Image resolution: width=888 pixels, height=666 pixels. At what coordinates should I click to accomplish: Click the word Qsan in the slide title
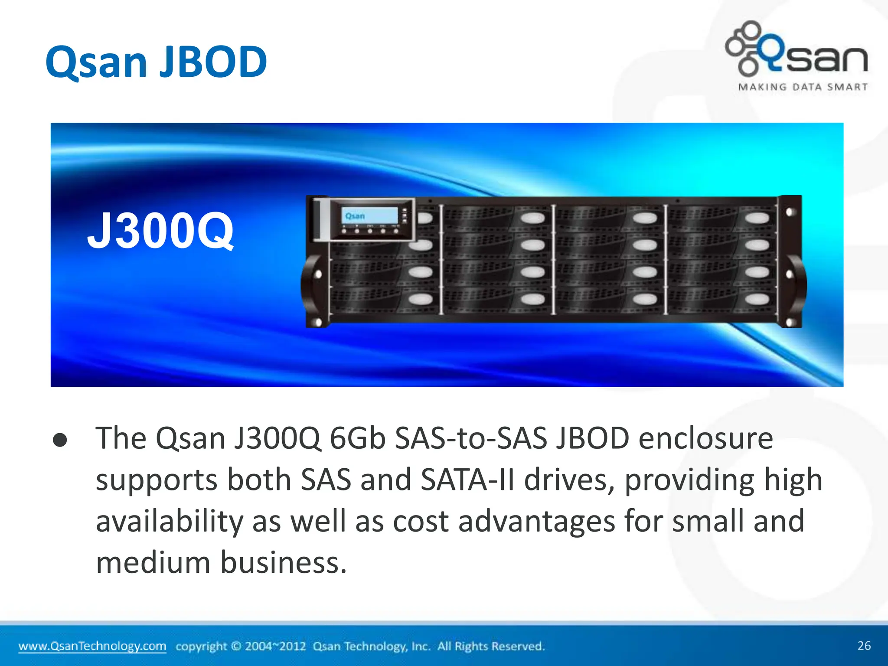[x=97, y=63]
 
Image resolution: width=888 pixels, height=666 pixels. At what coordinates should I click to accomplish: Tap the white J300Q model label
[x=160, y=231]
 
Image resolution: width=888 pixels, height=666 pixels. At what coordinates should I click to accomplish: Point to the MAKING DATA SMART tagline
[x=803, y=87]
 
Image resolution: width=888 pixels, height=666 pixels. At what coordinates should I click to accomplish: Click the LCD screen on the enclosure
[x=369, y=215]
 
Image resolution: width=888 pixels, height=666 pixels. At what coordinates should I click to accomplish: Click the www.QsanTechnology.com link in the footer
[x=92, y=646]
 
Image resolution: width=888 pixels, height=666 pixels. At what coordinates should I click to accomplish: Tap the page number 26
[x=864, y=646]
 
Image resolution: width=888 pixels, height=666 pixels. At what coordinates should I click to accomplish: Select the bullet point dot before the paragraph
[x=60, y=440]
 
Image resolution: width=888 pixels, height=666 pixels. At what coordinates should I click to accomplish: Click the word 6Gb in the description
[x=357, y=438]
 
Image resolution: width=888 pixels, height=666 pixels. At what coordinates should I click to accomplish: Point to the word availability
[x=170, y=522]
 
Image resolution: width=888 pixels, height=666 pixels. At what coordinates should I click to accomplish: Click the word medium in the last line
[x=153, y=563]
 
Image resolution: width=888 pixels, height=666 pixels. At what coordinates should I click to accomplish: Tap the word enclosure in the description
[x=705, y=438]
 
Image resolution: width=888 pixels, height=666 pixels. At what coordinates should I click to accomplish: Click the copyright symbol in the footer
[x=236, y=646]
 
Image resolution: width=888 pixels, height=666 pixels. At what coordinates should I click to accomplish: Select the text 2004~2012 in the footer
[x=275, y=646]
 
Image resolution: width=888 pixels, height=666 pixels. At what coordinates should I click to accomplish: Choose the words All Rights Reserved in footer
[x=491, y=646]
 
